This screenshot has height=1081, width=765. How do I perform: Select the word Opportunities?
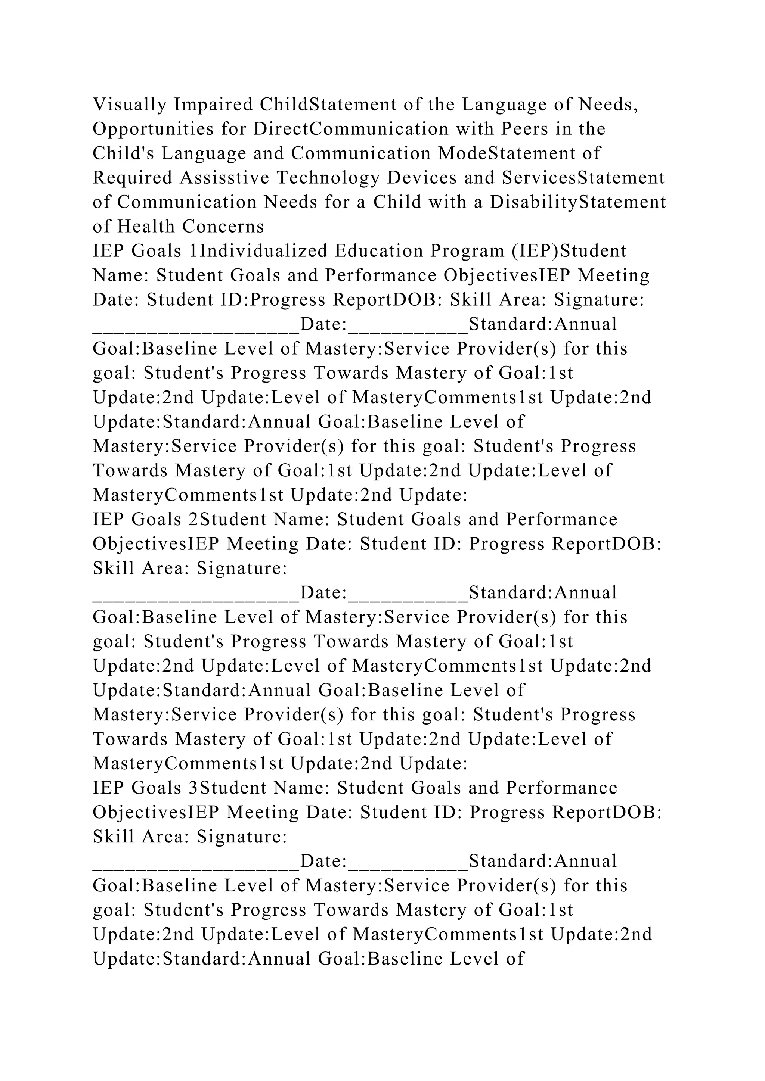pyautogui.click(x=153, y=129)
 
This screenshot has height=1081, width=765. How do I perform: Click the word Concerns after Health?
pyautogui.click(x=223, y=227)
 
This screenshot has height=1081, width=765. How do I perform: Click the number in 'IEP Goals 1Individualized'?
pyautogui.click(x=193, y=251)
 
